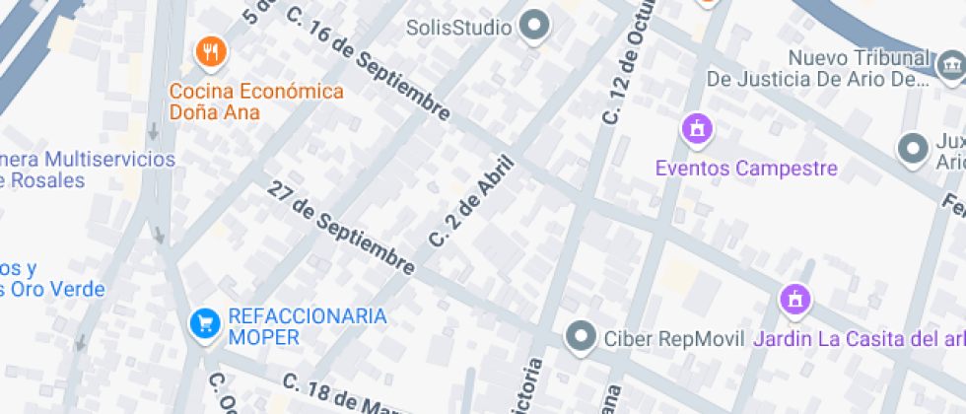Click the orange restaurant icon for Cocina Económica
tap(209, 51)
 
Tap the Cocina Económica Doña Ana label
tap(256, 102)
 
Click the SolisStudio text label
tap(459, 28)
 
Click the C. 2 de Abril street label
tap(472, 202)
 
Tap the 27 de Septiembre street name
tap(341, 228)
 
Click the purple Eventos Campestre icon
tap(698, 128)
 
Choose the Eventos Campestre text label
tap(746, 169)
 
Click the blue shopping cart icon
tap(204, 322)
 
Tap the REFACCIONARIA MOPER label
tap(307, 326)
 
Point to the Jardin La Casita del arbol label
tap(858, 340)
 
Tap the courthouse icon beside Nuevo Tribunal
tap(950, 65)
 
